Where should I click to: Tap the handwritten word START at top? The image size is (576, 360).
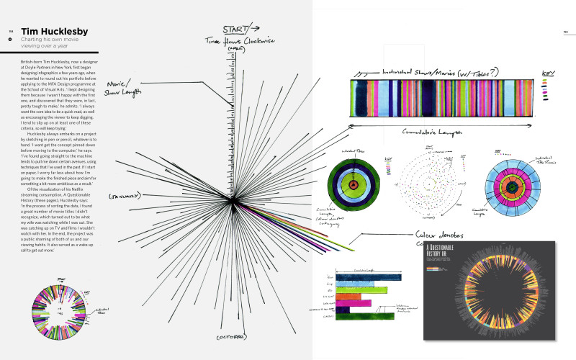pos(233,29)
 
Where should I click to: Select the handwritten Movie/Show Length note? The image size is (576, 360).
pos(122,87)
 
